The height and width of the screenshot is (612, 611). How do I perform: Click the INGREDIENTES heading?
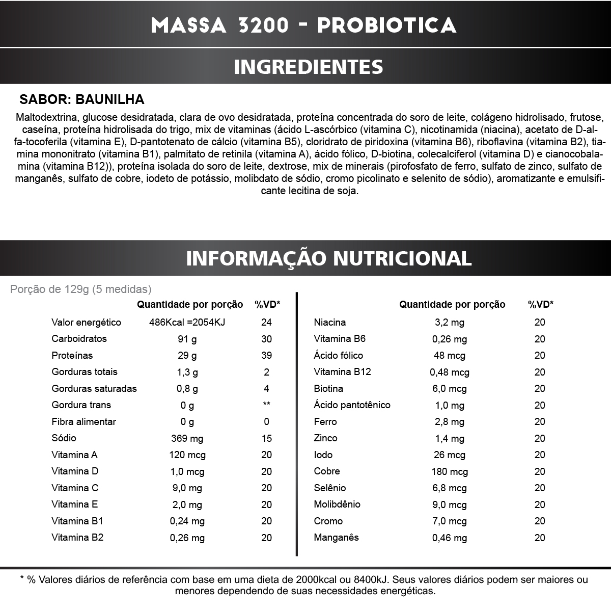pos(308,67)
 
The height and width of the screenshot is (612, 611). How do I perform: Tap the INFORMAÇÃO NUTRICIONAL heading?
pos(328,258)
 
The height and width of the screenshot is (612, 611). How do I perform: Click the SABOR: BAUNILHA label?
pos(82,99)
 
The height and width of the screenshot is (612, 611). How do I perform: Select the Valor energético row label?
pos(86,322)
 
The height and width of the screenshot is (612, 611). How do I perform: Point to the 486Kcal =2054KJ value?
pos(187,322)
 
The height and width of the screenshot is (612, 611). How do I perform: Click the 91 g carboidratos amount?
pos(187,339)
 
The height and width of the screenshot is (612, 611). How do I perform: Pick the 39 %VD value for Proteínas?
pos(266,355)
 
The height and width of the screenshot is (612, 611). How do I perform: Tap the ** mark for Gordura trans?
pos(266,405)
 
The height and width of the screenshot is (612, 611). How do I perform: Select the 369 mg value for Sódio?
pos(187,438)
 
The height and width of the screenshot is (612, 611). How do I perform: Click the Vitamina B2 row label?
pos(77,538)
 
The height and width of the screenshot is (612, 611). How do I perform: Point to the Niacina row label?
pos(329,322)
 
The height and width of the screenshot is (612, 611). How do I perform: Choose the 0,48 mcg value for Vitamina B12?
pos(449,372)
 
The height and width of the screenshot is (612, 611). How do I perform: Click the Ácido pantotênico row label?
pos(352,405)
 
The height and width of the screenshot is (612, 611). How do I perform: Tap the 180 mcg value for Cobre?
pos(449,471)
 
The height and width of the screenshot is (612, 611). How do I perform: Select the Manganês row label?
pos(336,538)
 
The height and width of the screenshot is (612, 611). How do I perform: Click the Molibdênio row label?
pos(337,504)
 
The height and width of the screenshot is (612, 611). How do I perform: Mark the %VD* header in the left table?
pos(267,305)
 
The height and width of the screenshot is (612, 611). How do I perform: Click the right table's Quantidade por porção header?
pos(452,305)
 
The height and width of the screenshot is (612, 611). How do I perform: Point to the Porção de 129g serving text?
pos(81,289)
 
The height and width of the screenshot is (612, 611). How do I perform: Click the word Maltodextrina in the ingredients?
pos(47,117)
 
